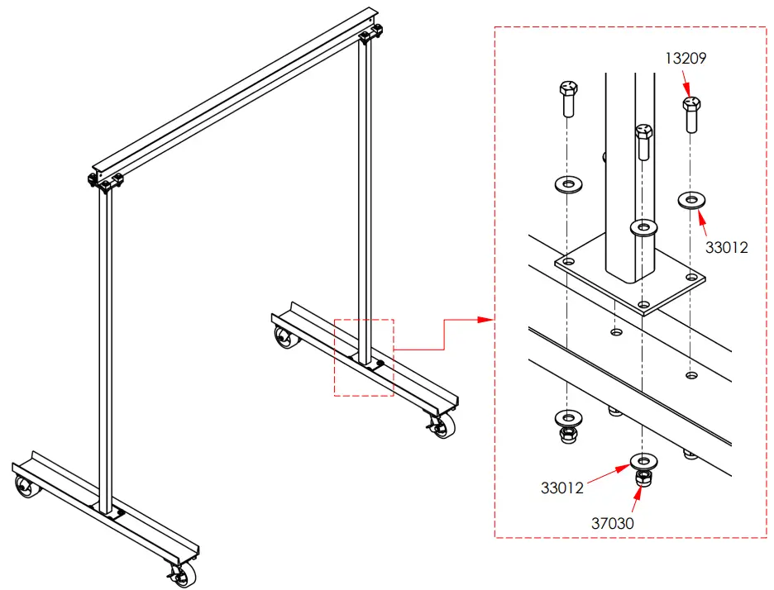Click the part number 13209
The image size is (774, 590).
pyautogui.click(x=688, y=59)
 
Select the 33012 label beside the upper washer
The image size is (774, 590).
pyautogui.click(x=726, y=246)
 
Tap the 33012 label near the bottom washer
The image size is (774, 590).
pyautogui.click(x=562, y=488)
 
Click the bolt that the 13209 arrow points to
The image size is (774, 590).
pyautogui.click(x=693, y=113)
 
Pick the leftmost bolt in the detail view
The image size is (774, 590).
pyautogui.click(x=568, y=99)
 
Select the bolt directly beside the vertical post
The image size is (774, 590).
pyautogui.click(x=644, y=142)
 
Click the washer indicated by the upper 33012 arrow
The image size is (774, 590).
pyautogui.click(x=691, y=199)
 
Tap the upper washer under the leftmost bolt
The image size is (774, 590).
pyautogui.click(x=568, y=182)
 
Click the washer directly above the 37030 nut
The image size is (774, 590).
pyautogui.click(x=642, y=460)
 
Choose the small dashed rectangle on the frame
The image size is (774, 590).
pyautogui.click(x=364, y=357)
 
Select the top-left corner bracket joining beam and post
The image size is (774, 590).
pyautogui.click(x=105, y=180)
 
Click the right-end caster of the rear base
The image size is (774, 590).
pyautogui.click(x=441, y=425)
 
